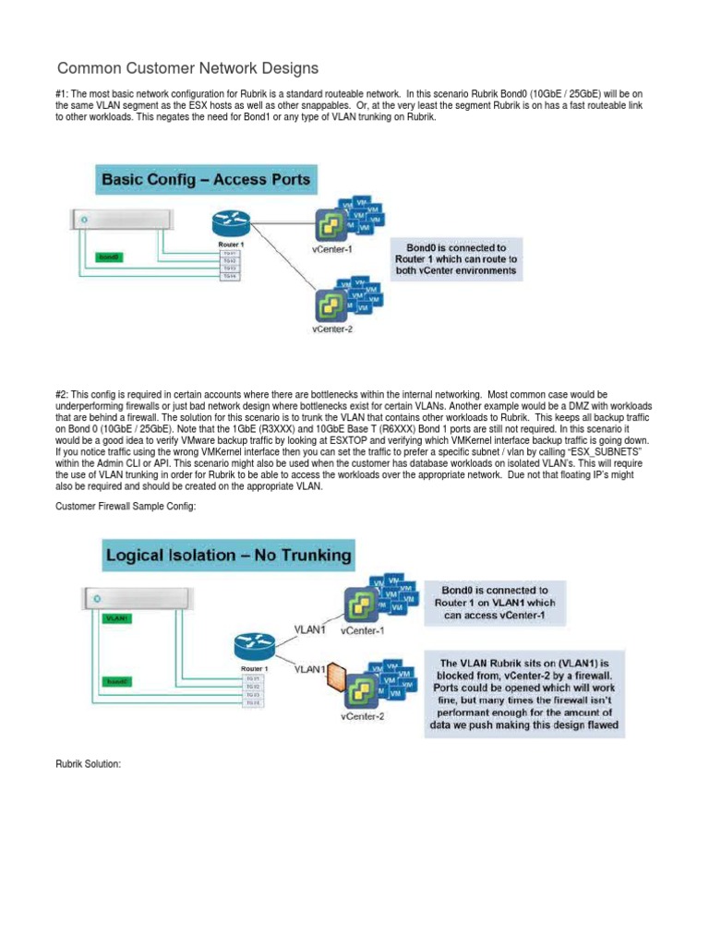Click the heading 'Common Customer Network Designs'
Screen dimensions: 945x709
(x=187, y=68)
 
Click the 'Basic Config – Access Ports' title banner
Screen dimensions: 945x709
(x=208, y=177)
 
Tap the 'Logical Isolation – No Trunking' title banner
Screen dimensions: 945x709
(x=228, y=556)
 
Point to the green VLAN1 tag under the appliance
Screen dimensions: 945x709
(x=117, y=618)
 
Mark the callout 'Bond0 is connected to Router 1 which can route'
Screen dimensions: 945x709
(x=462, y=260)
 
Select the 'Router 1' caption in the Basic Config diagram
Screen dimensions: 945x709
(x=227, y=245)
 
